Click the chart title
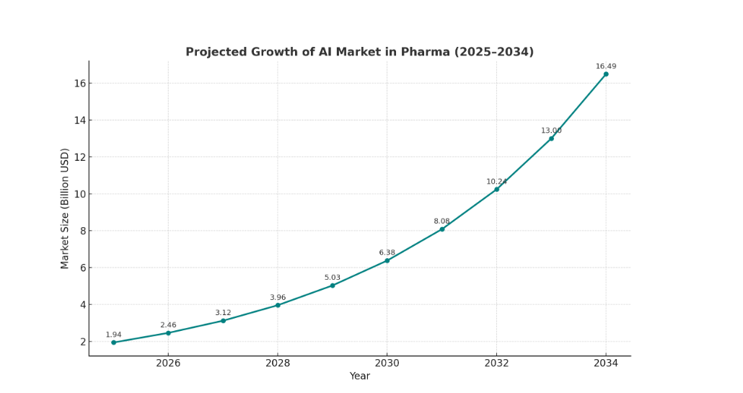(x=359, y=52)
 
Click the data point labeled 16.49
(x=606, y=74)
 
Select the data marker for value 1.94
(x=113, y=343)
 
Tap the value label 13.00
(x=551, y=131)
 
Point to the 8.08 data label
(x=441, y=221)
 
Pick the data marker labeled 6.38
(x=387, y=260)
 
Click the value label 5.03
(x=332, y=278)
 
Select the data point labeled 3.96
(x=278, y=305)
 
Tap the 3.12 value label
(x=223, y=313)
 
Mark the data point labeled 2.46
(x=168, y=332)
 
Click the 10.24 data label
(x=496, y=182)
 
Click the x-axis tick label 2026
(x=168, y=363)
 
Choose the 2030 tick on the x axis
(x=387, y=363)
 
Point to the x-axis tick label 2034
(x=606, y=363)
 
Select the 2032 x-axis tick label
(x=496, y=363)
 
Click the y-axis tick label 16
(x=79, y=84)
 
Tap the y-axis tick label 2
(x=82, y=342)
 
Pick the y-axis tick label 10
(x=79, y=194)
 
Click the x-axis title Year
(x=359, y=376)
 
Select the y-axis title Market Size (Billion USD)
(x=65, y=208)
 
